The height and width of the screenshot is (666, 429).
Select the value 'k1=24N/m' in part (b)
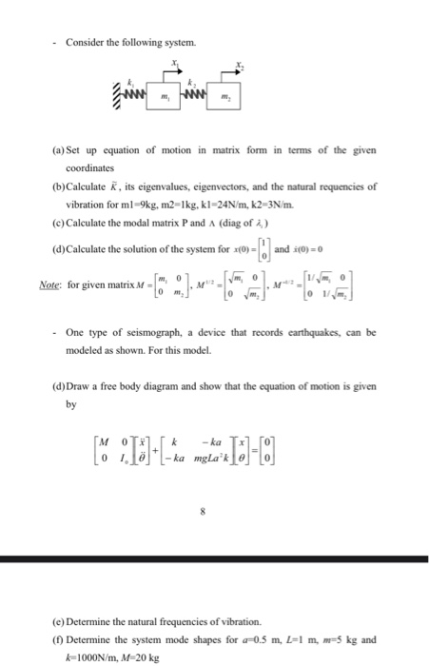pos(258,202)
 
